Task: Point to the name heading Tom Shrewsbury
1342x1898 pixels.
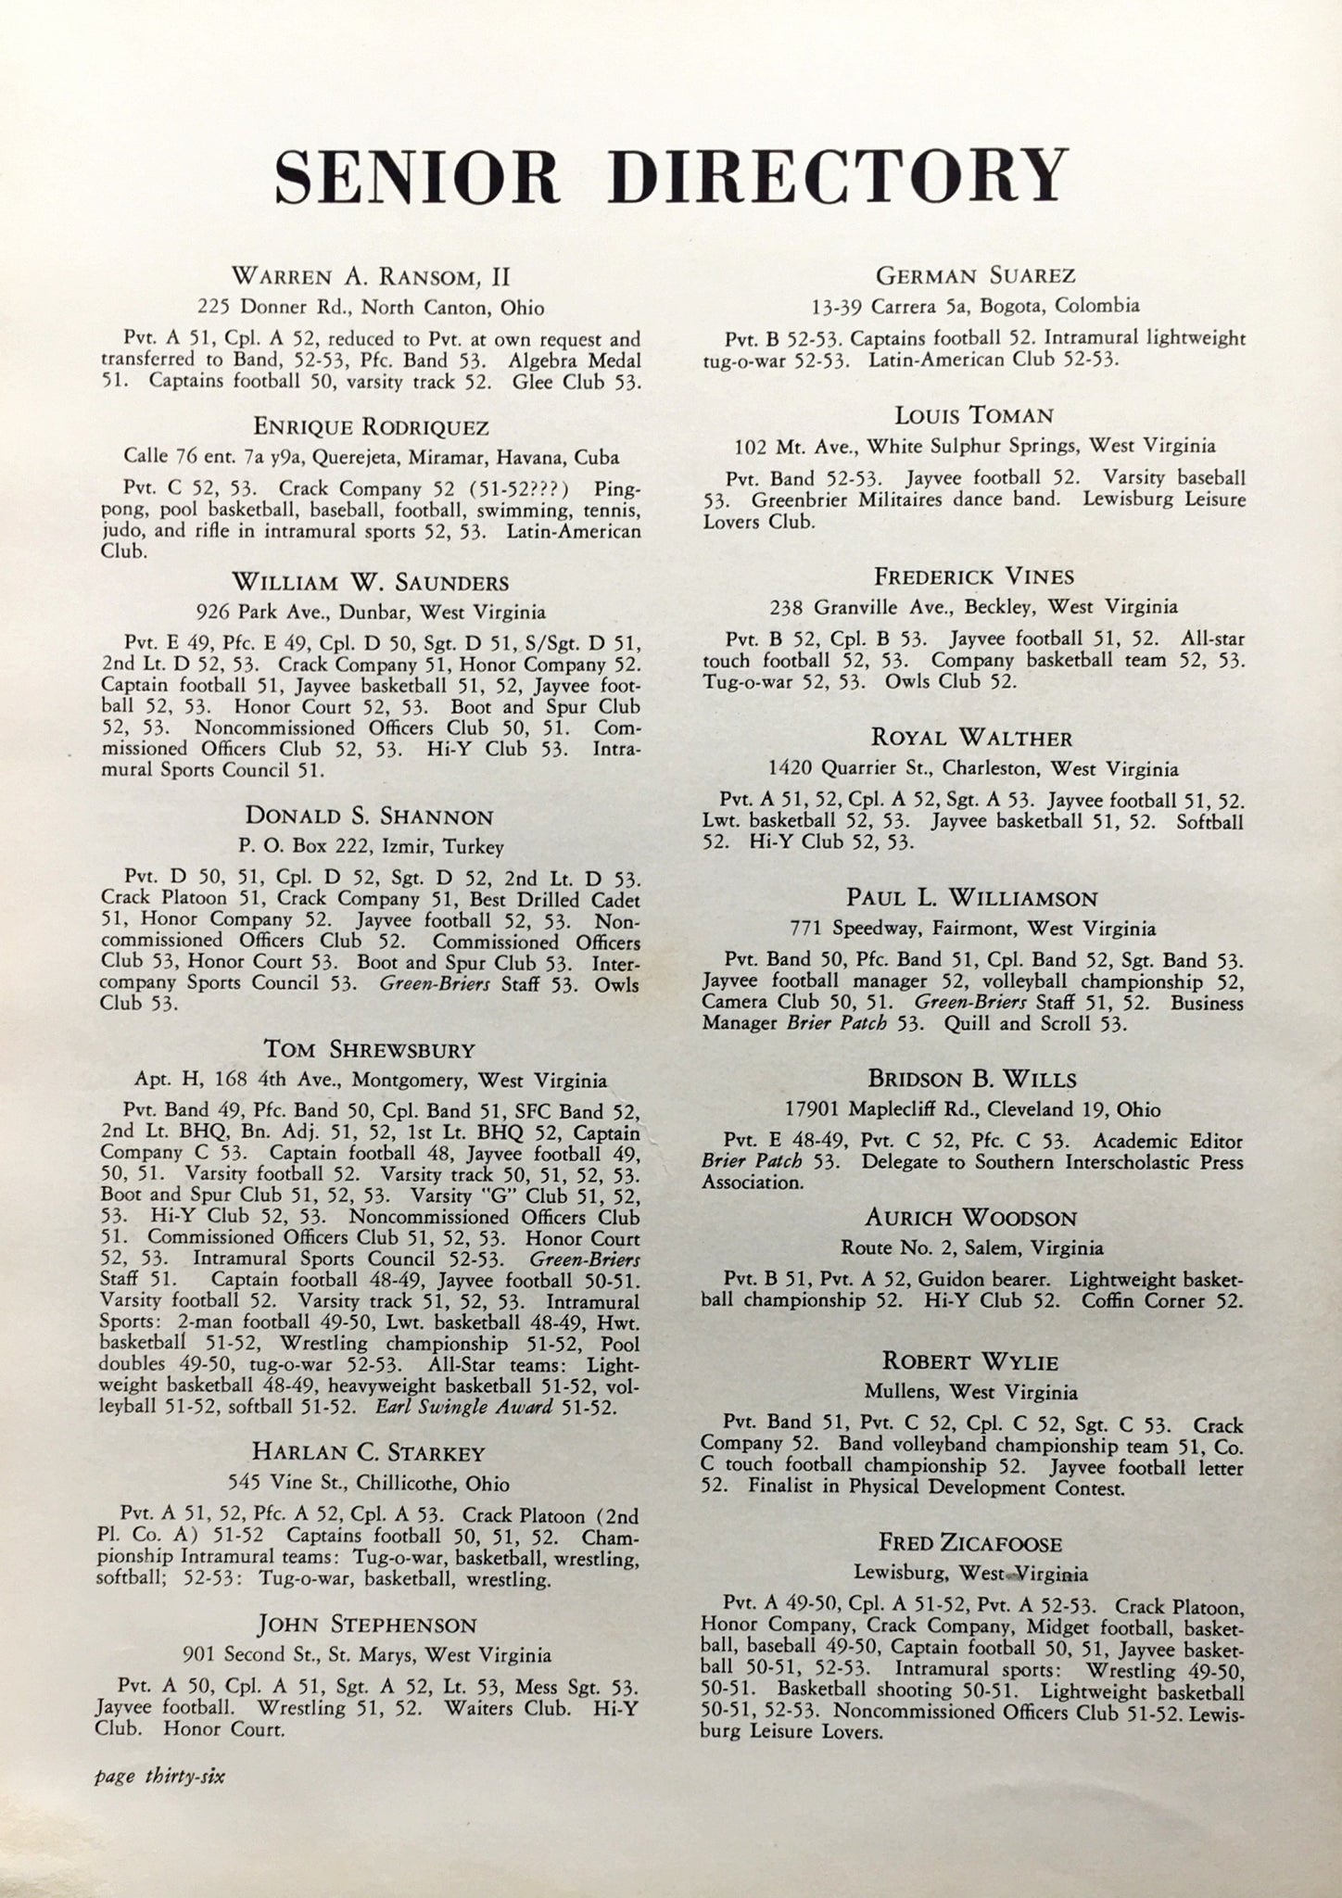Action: point(370,1050)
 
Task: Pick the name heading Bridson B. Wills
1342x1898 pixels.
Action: point(972,1079)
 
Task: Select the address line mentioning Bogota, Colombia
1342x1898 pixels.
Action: point(972,306)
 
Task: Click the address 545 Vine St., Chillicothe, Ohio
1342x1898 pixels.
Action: point(370,1484)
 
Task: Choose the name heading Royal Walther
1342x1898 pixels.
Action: point(972,738)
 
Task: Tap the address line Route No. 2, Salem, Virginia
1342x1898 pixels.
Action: point(972,1247)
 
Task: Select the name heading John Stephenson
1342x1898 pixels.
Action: point(368,1625)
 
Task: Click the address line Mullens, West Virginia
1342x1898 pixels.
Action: point(972,1392)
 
